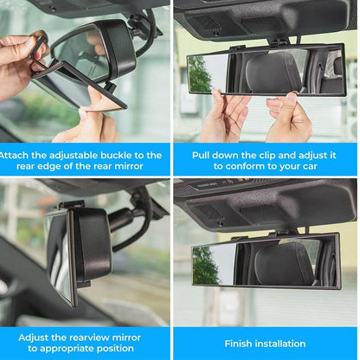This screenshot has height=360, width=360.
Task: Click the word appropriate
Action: tap(74, 348)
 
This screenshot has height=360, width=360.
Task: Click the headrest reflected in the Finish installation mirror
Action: tap(282, 265)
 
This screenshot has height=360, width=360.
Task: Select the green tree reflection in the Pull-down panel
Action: tap(200, 74)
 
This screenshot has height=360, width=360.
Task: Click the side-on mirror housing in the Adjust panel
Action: tap(92, 247)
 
